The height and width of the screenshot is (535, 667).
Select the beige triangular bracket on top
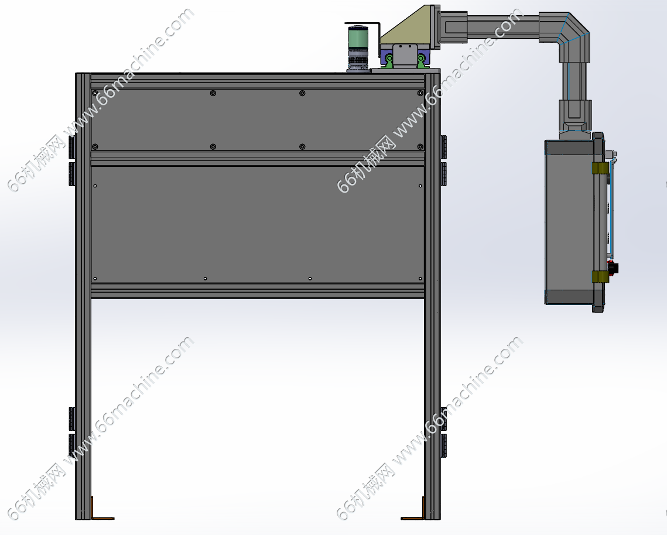point(406,25)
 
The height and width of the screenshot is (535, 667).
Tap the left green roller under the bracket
point(389,60)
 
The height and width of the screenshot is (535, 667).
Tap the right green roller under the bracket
point(420,60)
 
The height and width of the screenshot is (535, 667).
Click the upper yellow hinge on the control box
point(600,168)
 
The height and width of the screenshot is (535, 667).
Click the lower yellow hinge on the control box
point(600,277)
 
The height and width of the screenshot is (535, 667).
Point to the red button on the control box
point(613,268)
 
